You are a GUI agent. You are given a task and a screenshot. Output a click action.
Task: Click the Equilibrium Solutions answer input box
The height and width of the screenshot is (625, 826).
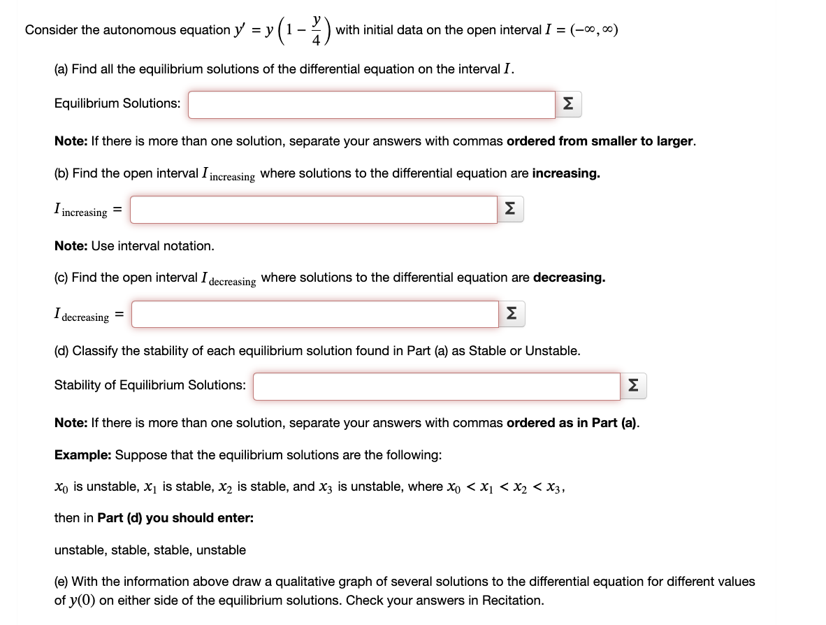[371, 105]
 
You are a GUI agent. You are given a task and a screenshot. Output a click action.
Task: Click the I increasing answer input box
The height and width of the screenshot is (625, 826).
[313, 210]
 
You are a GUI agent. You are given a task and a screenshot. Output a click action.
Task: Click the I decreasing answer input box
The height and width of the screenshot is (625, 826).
[314, 315]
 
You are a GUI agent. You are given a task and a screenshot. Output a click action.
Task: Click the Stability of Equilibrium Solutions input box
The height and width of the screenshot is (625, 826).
[435, 386]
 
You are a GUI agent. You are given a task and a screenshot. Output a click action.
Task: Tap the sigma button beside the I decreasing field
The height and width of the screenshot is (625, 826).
[512, 315]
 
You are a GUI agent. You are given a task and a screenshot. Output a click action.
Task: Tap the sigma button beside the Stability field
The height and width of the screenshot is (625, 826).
[633, 386]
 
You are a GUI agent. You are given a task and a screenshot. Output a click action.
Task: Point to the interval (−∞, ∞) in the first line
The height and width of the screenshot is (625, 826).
[594, 30]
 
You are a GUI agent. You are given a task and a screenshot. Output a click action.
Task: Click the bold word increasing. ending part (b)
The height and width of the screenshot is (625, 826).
[565, 173]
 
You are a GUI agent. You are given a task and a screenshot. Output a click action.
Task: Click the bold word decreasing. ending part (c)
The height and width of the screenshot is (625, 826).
[569, 278]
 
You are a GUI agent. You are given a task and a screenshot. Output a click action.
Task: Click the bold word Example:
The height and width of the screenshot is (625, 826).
[82, 454]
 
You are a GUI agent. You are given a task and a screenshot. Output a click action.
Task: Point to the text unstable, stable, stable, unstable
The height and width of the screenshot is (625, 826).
[150, 550]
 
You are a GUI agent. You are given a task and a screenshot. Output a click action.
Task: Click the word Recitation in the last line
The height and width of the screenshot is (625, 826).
[513, 601]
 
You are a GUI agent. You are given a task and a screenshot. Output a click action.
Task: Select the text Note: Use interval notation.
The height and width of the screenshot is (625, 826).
[134, 246]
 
